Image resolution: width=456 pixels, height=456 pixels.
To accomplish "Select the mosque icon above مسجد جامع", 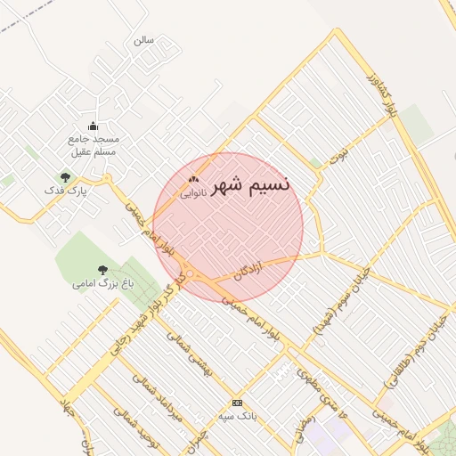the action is pos(94,126).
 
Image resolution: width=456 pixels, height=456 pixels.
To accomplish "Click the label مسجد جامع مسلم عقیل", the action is pos(94,146).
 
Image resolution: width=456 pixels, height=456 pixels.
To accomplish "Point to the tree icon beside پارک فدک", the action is pos(64,176).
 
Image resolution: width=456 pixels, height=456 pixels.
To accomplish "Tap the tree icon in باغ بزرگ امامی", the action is pos(102,269).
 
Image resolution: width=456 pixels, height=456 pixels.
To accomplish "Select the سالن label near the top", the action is pos(143,40).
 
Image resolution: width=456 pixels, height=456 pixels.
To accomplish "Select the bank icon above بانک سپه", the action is pos(236,403).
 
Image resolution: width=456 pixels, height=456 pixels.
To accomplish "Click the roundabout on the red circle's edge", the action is pos(190,274).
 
